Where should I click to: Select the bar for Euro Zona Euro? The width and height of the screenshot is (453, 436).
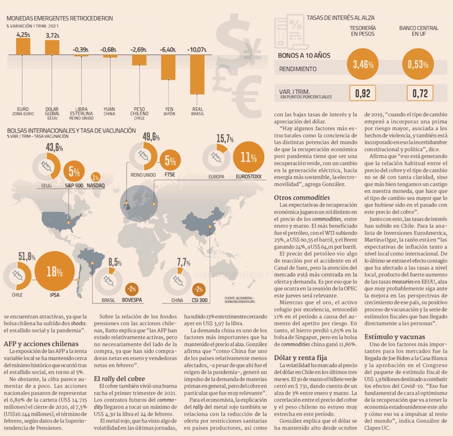[23, 47]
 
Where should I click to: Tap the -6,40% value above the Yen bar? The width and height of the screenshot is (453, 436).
[168, 49]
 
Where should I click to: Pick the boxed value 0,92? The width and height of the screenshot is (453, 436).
[362, 94]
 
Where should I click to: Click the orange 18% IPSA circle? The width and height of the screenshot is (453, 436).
[54, 272]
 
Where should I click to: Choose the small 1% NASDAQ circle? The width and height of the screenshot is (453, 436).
[96, 177]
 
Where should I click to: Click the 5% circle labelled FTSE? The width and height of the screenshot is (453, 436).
[170, 161]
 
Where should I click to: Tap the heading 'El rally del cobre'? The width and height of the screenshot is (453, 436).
[120, 378]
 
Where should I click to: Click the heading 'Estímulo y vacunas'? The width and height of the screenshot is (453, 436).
[395, 336]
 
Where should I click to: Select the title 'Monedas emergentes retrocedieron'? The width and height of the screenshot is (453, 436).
[59, 19]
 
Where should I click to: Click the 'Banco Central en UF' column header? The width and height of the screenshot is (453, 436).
[419, 31]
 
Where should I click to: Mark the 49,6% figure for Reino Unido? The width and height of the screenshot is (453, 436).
[151, 137]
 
